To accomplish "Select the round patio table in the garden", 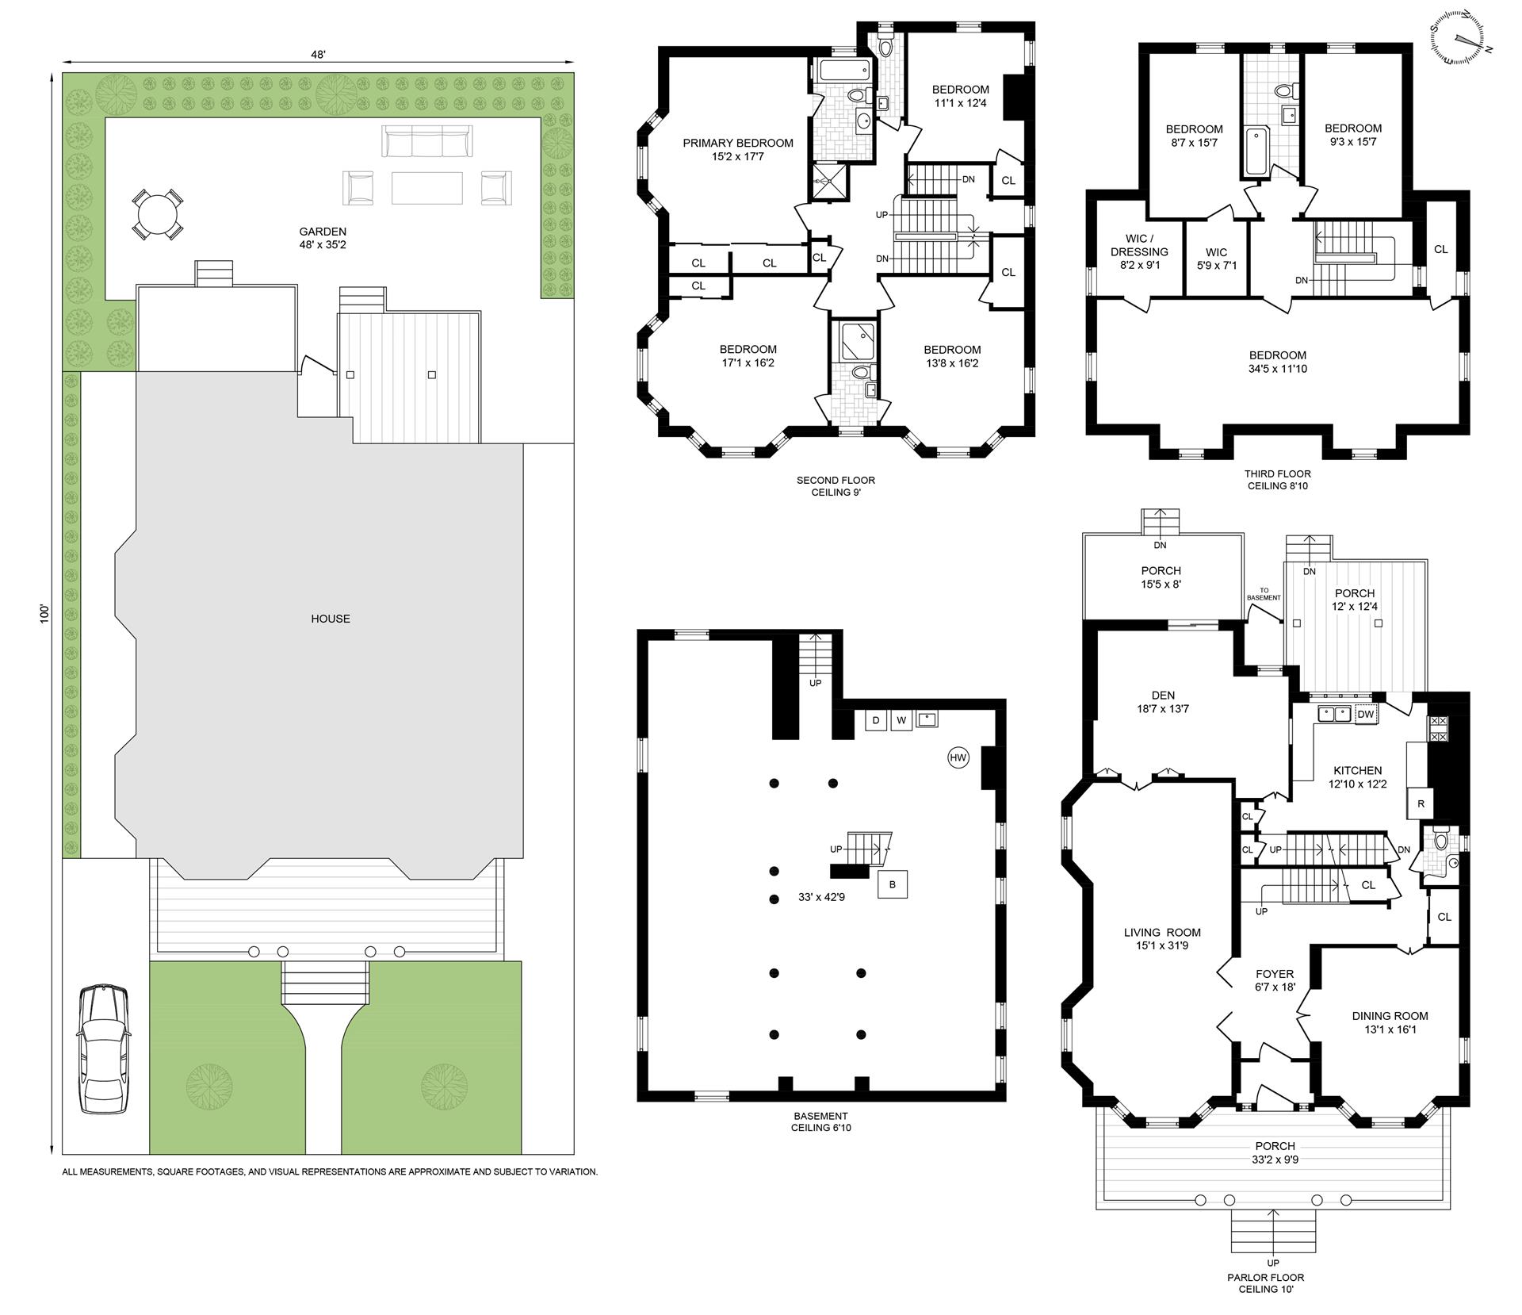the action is (158, 214).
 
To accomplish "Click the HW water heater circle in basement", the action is (958, 757).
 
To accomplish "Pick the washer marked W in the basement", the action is (901, 720).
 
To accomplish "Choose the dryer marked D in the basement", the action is (876, 720).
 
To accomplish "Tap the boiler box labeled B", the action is (893, 884).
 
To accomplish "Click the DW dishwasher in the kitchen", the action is (1365, 714).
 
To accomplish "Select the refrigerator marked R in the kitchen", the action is (1421, 803).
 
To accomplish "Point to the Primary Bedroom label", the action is (738, 144).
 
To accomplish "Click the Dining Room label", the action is (1390, 1016).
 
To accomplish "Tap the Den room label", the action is (1163, 696).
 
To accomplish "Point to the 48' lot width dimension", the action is (318, 55).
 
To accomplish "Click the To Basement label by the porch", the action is (1264, 594).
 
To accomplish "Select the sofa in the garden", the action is (427, 142).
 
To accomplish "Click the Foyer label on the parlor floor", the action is (1275, 975).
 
